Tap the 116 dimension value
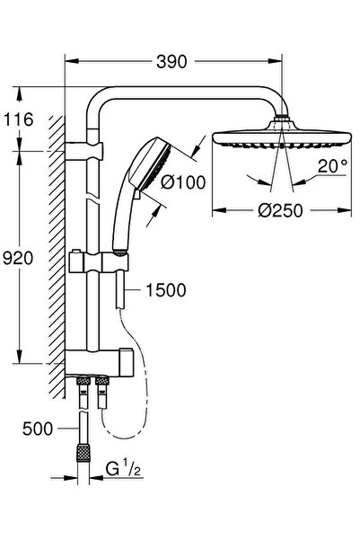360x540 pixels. (18, 120)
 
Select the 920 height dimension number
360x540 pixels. (18, 259)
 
